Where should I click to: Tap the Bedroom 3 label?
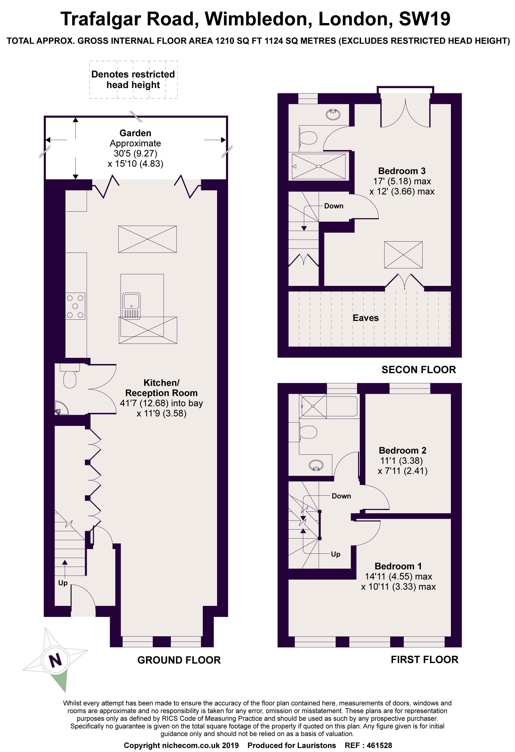(402, 171)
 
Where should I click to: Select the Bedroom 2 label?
(402, 450)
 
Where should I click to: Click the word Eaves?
(366, 318)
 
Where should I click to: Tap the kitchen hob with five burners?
(76, 306)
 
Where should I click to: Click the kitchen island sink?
(131, 305)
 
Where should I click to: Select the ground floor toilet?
(70, 375)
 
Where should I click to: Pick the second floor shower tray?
(319, 166)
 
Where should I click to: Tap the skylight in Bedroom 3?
(403, 255)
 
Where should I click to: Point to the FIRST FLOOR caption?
(424, 659)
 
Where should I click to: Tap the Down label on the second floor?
(334, 206)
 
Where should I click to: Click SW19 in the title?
(424, 19)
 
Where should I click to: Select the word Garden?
(135, 133)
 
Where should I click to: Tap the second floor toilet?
(309, 138)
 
